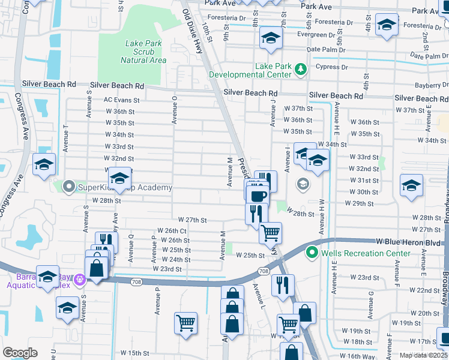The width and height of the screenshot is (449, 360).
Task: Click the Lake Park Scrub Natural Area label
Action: (x=143, y=52)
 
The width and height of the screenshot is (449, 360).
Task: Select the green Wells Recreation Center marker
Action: (x=311, y=253)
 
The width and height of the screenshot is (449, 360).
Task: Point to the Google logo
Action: (x=19, y=353)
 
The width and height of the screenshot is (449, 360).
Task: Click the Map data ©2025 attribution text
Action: (x=423, y=355)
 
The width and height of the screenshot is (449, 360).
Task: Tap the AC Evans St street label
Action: (x=121, y=100)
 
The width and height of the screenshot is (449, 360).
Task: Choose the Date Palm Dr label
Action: (x=326, y=50)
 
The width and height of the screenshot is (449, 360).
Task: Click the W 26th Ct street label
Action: (x=172, y=230)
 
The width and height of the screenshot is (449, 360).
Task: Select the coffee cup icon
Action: (x=258, y=196)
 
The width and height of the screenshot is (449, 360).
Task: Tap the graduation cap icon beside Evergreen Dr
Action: (x=271, y=38)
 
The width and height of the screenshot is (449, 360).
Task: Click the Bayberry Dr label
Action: (x=432, y=86)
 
